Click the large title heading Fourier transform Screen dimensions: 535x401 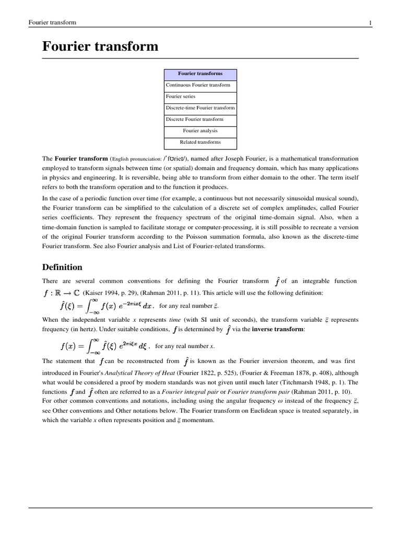tap(100, 46)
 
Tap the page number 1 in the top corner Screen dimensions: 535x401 tap(370, 22)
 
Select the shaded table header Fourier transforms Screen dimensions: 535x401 tap(200, 74)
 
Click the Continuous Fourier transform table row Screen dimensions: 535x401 tap(198, 85)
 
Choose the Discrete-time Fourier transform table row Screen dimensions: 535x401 tap(200, 108)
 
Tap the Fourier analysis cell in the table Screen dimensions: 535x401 tap(200, 131)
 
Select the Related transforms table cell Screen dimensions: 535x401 tap(200, 142)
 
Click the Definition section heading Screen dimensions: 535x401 tap(62, 267)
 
